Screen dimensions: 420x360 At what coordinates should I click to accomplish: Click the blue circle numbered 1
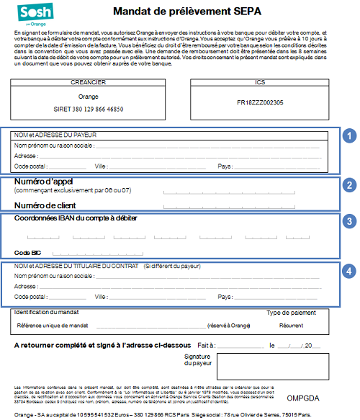[x=349, y=135]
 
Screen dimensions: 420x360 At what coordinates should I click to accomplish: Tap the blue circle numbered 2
[x=349, y=185]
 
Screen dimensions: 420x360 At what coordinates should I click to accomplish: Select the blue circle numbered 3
[x=349, y=221]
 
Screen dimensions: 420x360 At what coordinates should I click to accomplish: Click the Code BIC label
[x=29, y=253]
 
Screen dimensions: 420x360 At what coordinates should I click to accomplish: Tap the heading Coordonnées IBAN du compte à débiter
[x=76, y=218]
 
